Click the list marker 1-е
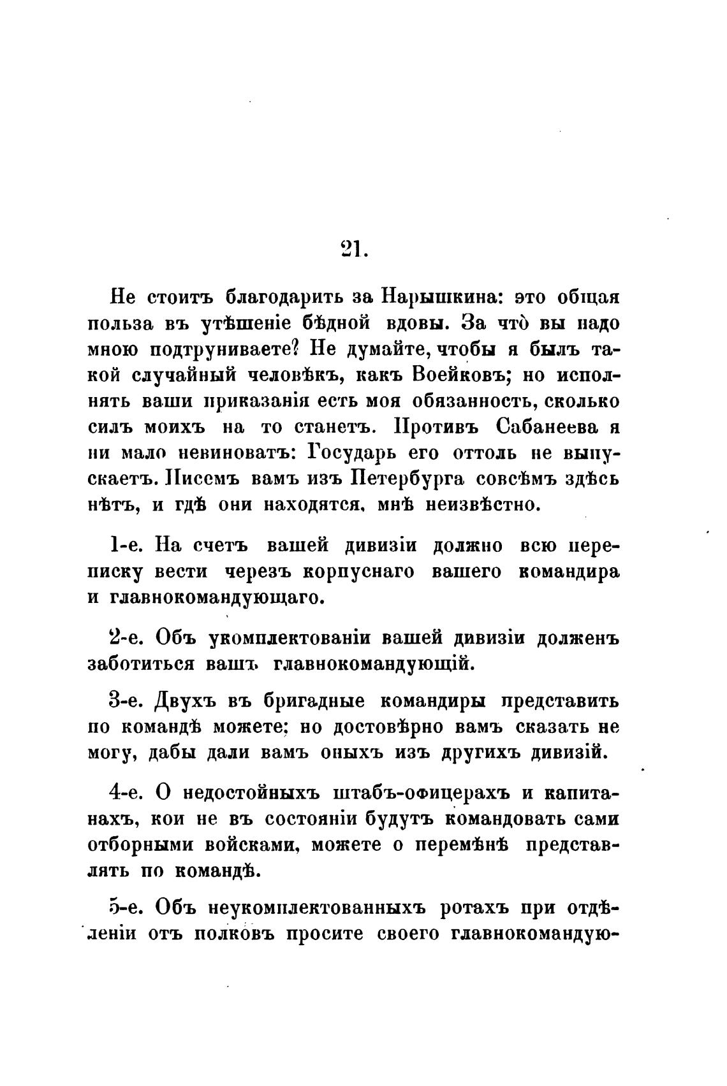[x=127, y=546]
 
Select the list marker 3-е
[x=127, y=702]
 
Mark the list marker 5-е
[x=127, y=908]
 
